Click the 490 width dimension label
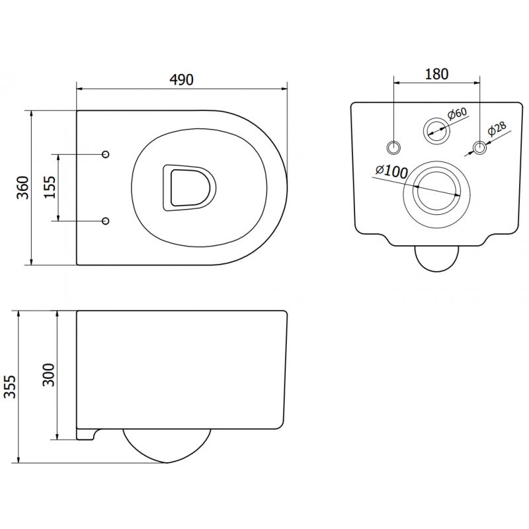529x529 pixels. point(181,79)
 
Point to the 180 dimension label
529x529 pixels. point(436,74)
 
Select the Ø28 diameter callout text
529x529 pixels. point(497,131)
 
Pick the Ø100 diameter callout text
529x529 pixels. point(391,171)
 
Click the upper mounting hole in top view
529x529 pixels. point(106,154)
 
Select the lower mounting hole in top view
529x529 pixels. point(106,220)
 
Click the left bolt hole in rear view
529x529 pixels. point(394,146)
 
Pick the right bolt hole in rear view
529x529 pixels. point(479,146)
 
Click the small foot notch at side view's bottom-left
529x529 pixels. point(86,434)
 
